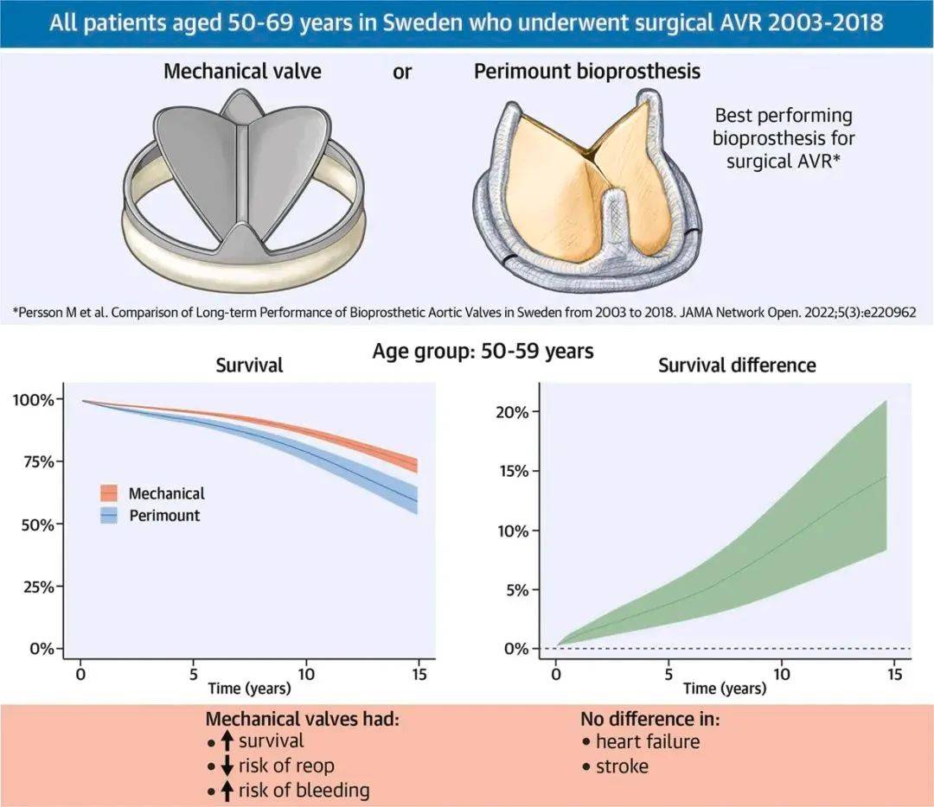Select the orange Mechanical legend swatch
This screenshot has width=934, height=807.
[109, 494]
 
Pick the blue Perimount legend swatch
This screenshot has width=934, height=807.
[109, 516]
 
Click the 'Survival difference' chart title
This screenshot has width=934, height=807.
[737, 365]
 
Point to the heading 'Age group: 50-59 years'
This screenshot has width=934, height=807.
[483, 353]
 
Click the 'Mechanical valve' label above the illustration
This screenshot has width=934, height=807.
[242, 71]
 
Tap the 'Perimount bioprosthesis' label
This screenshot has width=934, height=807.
[587, 71]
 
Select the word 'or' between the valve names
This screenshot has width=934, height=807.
[402, 72]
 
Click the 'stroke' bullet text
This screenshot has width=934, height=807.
[622, 766]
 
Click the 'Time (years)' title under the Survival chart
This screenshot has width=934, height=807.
[249, 689]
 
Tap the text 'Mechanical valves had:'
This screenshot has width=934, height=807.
[302, 719]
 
